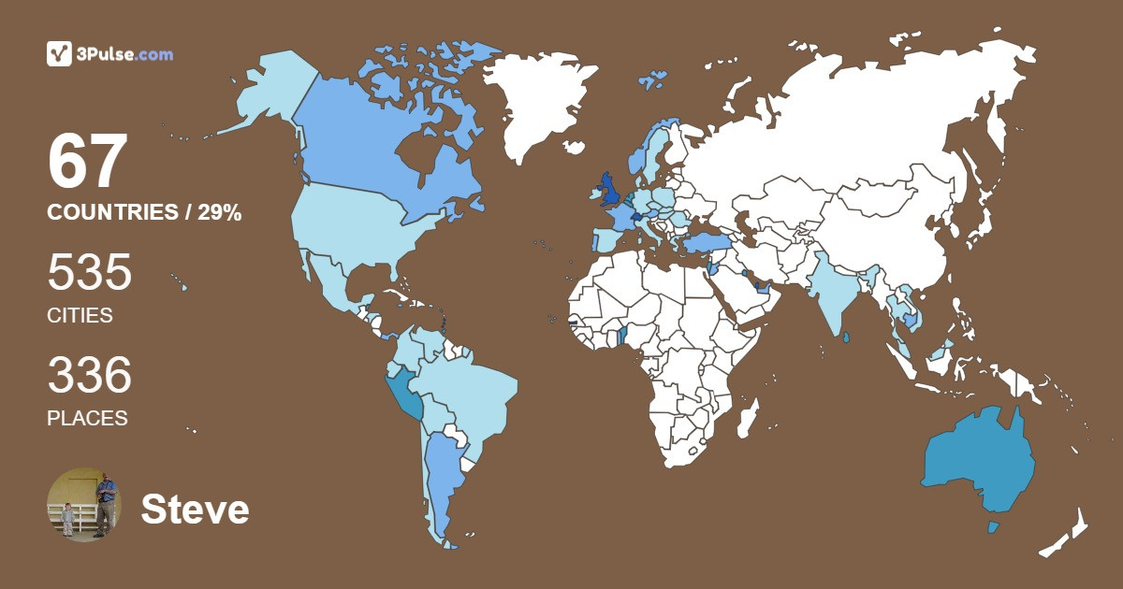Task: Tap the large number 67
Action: pos(87,162)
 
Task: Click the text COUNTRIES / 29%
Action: pos(144,213)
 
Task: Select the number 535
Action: pos(90,273)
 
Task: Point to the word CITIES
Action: pos(80,316)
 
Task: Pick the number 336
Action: pos(90,376)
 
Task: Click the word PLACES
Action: pos(87,419)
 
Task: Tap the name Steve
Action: pos(195,510)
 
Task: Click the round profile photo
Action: pos(84,505)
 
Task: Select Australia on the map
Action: pos(978,458)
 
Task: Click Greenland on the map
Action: pos(543,103)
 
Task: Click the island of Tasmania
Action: pos(994,528)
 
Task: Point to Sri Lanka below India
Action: pos(846,338)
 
